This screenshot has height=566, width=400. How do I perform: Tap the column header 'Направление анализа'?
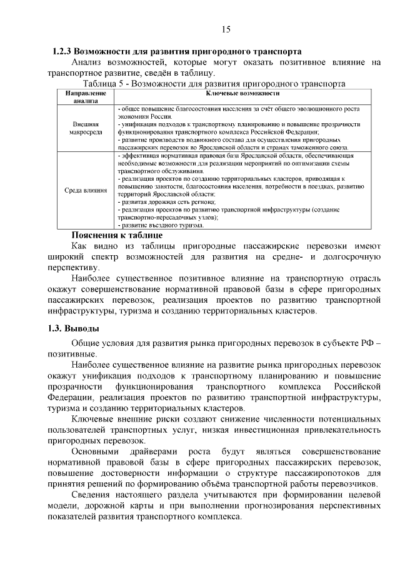pos(81,96)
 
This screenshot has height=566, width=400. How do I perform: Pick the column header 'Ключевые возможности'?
pos(242,93)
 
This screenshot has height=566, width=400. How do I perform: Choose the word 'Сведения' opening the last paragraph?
pos(92,495)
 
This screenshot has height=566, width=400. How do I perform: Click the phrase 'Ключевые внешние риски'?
pos(127,418)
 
